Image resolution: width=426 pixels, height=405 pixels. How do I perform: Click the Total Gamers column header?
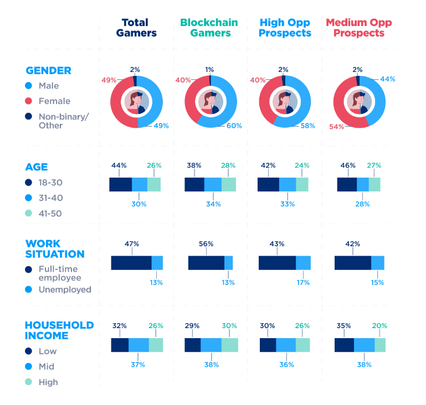pos(135,28)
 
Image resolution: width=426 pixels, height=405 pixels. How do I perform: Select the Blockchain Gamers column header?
pos(209,28)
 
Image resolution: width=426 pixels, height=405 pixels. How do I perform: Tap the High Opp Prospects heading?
pos(285,28)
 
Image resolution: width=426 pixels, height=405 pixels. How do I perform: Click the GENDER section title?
pos(48,71)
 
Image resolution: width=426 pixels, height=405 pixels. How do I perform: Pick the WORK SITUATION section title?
pos(55,249)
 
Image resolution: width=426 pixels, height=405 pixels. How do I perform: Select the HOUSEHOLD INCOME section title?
pos(59,330)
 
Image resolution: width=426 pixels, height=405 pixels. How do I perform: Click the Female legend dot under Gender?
pos(29,101)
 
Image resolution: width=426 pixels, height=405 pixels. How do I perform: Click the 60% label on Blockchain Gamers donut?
pos(234,126)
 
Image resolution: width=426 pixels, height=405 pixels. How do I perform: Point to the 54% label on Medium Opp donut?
pos(336,127)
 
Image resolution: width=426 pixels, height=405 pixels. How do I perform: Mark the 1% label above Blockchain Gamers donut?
pos(209,70)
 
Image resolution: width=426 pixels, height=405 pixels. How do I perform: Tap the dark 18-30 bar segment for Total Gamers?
pos(120,184)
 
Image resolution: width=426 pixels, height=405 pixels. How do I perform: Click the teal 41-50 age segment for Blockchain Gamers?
pos(229,184)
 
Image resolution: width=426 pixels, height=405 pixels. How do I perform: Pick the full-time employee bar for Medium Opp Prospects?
pos(352,263)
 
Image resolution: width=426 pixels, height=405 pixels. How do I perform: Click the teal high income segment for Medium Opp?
pos(380,345)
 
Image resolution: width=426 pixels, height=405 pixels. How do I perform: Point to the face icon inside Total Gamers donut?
pos(136,102)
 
